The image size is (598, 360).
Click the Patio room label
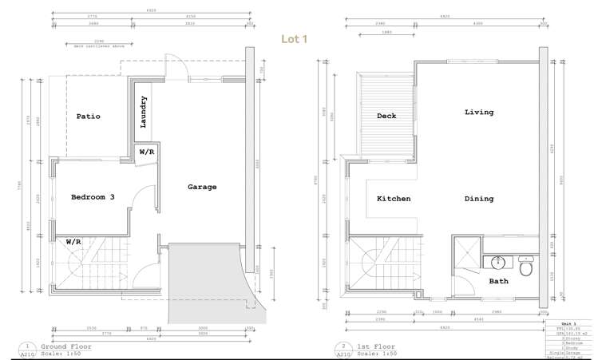(88, 117)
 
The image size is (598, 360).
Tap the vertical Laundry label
(144, 112)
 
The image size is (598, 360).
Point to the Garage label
(202, 187)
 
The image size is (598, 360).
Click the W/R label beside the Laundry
(148, 152)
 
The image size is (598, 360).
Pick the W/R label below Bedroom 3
(73, 240)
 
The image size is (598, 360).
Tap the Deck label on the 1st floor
(386, 117)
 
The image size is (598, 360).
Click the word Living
(479, 113)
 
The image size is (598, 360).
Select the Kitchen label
(394, 199)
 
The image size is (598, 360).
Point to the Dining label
(479, 199)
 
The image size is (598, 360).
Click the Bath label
(498, 282)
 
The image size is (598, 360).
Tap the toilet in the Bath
(525, 267)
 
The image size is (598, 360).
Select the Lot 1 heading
(297, 39)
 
